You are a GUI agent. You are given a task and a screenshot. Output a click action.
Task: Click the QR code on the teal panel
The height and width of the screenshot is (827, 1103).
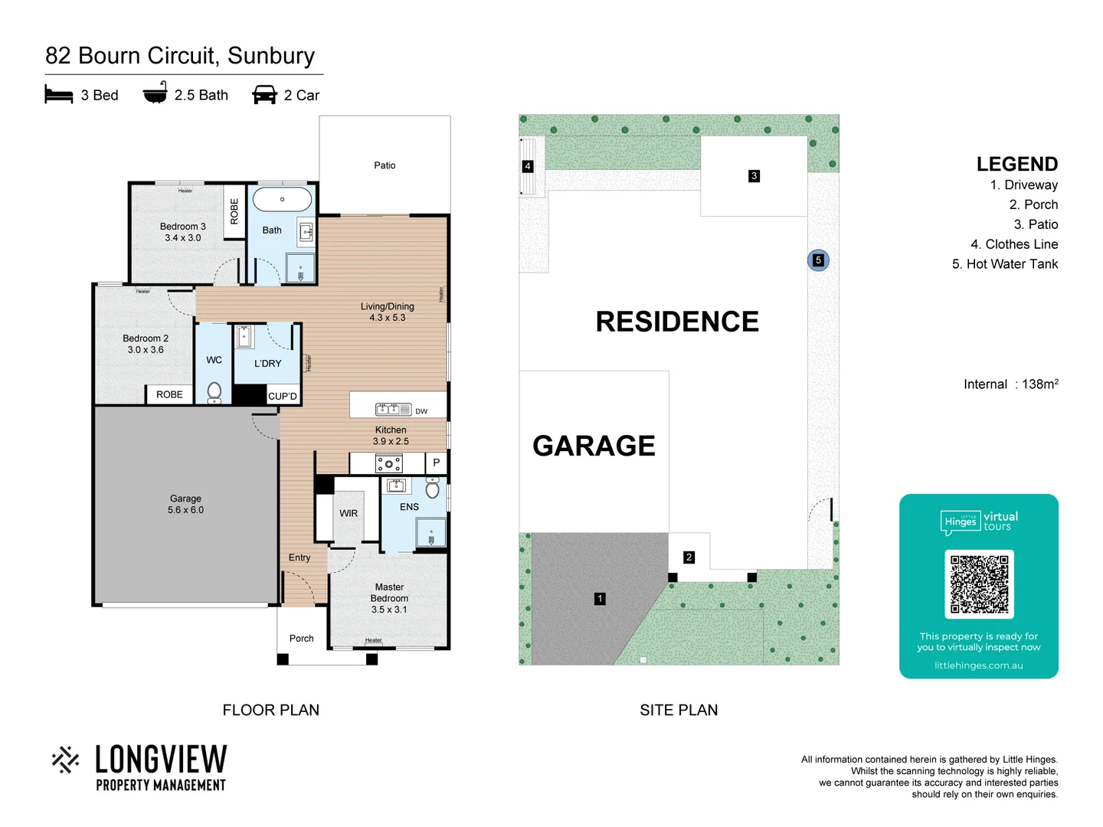point(979,584)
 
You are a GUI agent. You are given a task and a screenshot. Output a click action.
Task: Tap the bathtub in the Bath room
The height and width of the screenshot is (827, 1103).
point(282,199)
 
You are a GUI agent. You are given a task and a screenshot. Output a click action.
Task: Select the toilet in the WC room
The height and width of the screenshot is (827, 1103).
point(214,391)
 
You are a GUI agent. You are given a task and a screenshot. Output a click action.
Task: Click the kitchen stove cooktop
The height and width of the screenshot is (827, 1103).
point(388,463)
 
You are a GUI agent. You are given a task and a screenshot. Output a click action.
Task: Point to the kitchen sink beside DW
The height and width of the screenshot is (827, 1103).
point(393,410)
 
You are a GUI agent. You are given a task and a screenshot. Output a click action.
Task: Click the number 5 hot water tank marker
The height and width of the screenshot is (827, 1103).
point(818,260)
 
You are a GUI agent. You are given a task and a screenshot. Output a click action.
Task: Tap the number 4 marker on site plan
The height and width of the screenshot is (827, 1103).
point(527,166)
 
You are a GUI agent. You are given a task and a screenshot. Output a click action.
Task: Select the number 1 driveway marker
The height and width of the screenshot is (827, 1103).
point(600,599)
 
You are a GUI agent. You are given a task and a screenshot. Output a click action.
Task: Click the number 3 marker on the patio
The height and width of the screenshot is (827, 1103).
point(754,176)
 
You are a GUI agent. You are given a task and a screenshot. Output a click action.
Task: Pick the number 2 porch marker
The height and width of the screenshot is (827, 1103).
point(689,557)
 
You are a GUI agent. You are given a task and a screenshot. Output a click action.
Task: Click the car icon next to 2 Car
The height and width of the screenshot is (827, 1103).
point(264,95)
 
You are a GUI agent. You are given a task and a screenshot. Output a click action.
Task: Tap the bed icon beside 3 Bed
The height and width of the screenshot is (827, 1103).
point(59,95)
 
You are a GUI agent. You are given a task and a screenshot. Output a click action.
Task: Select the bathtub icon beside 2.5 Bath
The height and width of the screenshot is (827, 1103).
point(155,93)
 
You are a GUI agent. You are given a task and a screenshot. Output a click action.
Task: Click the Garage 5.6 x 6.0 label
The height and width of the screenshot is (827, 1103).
point(185,504)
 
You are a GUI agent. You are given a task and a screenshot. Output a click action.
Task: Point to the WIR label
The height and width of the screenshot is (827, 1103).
point(349,513)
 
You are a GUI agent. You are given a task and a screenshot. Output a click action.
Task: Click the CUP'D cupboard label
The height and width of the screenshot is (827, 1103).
point(282,396)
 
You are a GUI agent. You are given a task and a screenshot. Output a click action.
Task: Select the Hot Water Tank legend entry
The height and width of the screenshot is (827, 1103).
point(1004,264)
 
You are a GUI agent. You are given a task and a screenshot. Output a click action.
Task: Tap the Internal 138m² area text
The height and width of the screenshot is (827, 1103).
point(1010,384)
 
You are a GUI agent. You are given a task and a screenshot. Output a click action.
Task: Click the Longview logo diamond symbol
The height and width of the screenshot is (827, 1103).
point(66,760)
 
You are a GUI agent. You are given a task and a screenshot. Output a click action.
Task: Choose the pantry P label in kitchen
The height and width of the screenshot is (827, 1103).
point(436,463)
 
